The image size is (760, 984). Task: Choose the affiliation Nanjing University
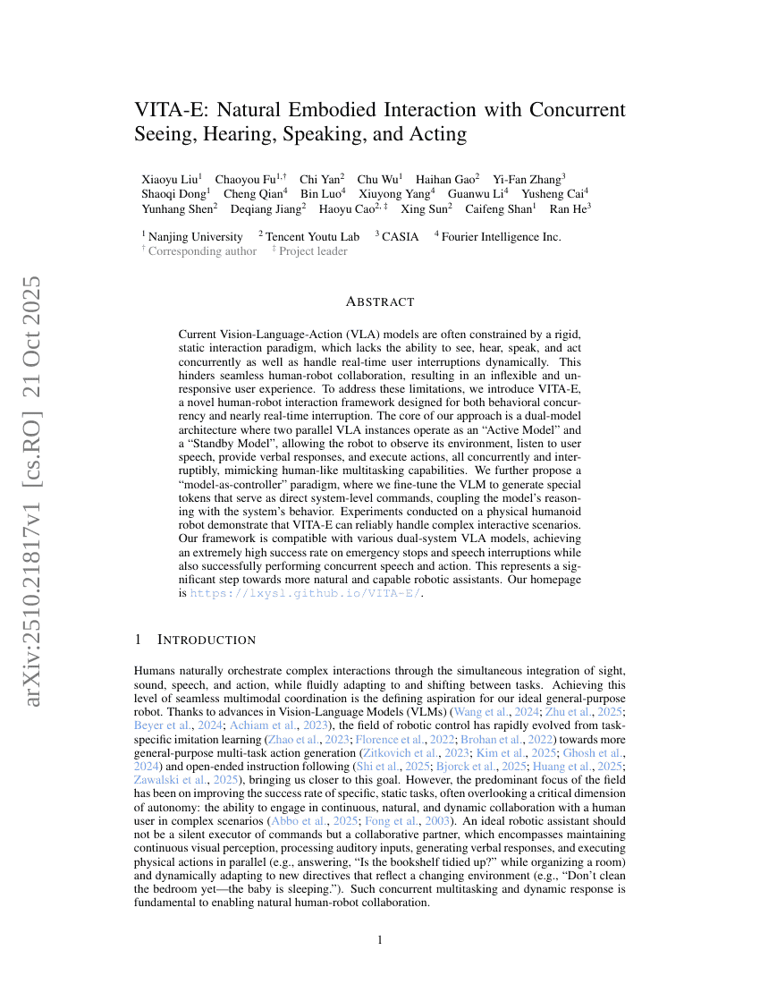tap(195, 237)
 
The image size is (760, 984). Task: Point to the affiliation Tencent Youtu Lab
tap(312, 237)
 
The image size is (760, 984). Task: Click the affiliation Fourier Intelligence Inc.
tap(501, 237)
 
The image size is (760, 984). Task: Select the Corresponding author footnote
tap(202, 251)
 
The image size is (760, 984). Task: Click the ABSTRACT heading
tap(380, 302)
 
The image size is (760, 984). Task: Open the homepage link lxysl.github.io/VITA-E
tap(305, 593)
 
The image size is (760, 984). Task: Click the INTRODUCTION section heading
tap(206, 640)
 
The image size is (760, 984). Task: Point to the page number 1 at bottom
tap(380, 940)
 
